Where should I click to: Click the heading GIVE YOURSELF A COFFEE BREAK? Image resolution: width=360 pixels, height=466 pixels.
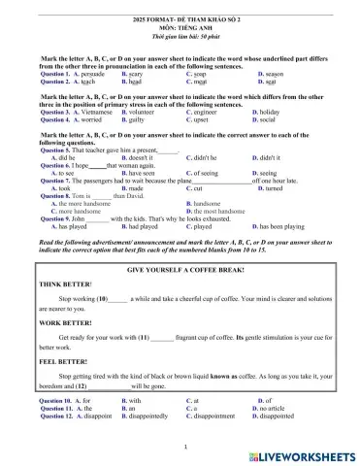click(181, 266)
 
